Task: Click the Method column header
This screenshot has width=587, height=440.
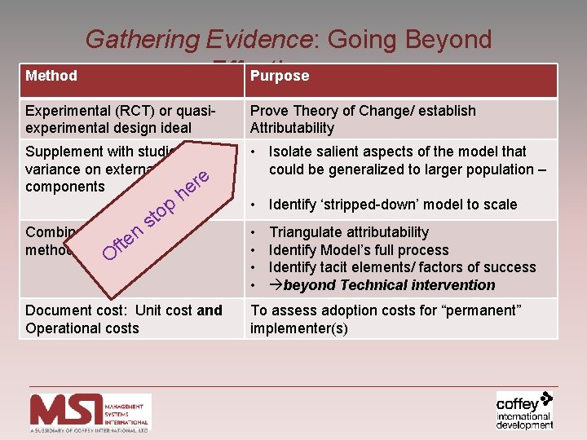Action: (51, 76)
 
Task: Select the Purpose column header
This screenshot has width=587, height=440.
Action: (280, 76)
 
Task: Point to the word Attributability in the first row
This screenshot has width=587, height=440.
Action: (292, 128)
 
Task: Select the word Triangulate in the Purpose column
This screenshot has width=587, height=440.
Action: (308, 233)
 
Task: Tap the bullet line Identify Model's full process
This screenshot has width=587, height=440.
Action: (359, 250)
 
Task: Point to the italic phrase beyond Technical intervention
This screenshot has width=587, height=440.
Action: (389, 285)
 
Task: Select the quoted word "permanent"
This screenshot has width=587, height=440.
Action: (481, 310)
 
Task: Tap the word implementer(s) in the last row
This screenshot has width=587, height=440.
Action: (300, 328)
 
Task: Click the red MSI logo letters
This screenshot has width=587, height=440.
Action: (67, 411)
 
